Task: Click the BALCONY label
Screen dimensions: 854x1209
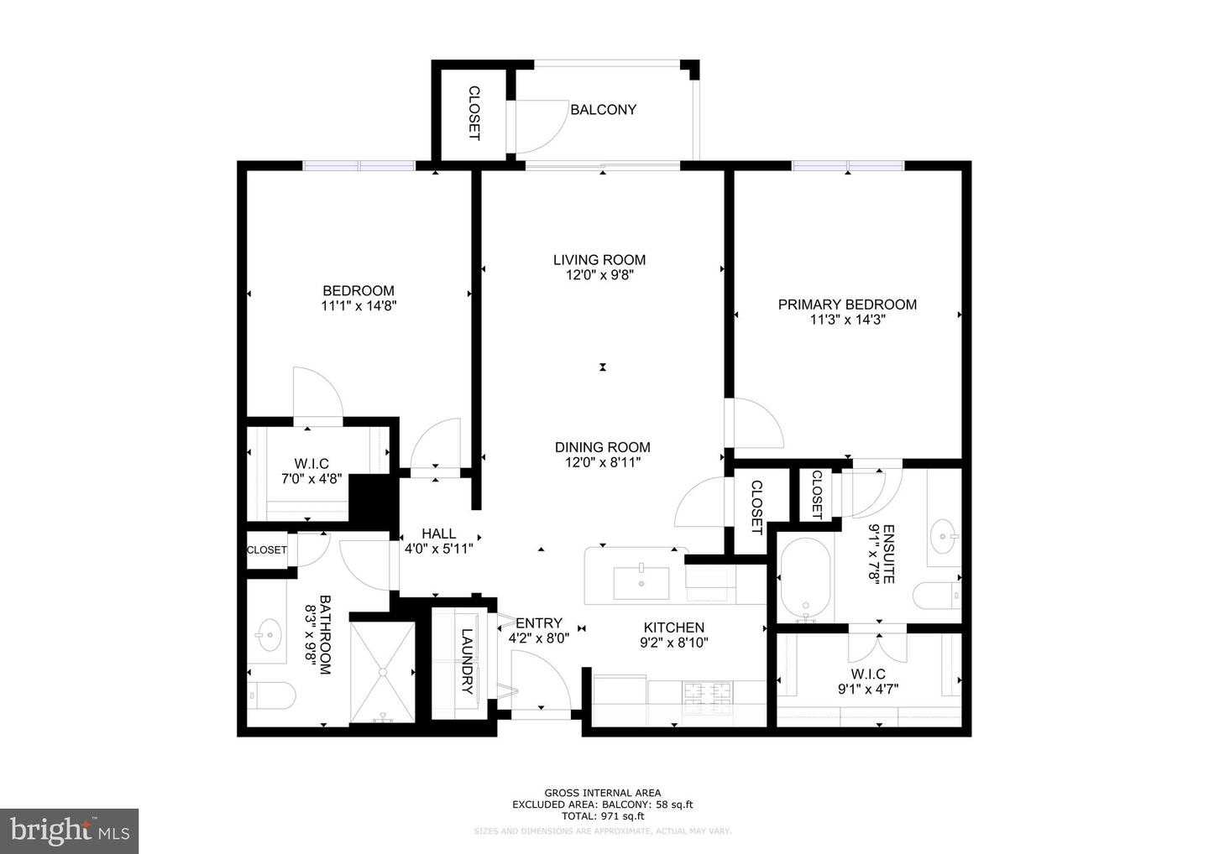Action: pos(603,109)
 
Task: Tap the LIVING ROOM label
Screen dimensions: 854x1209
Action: pos(599,260)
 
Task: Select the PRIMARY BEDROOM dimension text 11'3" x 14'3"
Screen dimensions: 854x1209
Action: pos(848,320)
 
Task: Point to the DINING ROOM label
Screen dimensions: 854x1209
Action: pos(603,447)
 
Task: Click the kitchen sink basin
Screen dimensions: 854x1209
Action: pos(641,582)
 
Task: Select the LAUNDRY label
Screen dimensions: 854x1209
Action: pos(467,662)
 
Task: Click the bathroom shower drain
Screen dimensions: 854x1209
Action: pos(383,671)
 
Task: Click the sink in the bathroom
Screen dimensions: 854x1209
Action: pos(269,634)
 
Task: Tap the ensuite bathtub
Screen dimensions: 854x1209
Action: pos(806,581)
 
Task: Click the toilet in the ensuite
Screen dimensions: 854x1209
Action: pos(936,596)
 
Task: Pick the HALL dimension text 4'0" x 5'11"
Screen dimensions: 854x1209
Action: pos(439,549)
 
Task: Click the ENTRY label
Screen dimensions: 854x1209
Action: pos(539,623)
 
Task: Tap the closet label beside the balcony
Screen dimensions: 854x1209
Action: pos(474,113)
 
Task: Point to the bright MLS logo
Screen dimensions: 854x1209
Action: pos(69,831)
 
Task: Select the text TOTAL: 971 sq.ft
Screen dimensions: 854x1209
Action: pos(602,815)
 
